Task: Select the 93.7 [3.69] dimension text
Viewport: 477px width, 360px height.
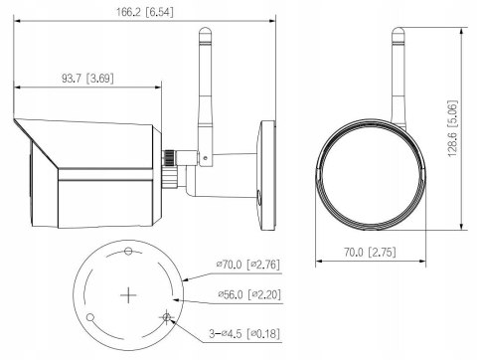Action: [x=89, y=78]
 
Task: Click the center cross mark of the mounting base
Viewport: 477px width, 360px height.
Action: [x=127, y=295]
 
